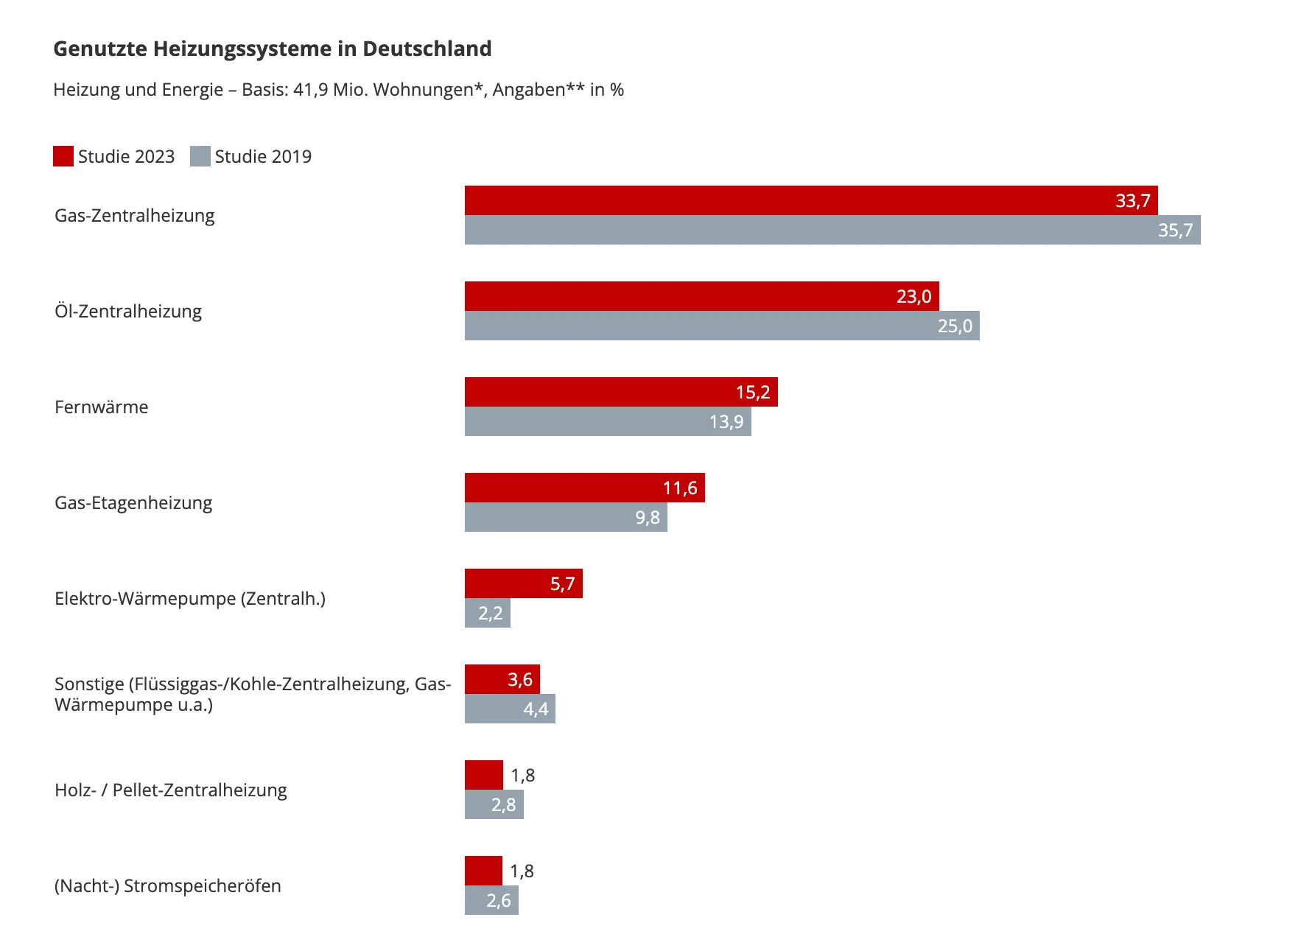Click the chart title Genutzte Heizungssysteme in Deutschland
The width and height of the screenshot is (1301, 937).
point(272,49)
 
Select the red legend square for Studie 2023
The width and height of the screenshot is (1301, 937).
point(63,156)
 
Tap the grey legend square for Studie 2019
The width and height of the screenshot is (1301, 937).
point(200,156)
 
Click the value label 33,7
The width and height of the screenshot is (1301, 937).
point(1132,201)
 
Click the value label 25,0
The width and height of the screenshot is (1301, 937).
point(955,326)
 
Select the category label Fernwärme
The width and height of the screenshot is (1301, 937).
point(102,407)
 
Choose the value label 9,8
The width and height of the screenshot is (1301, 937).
point(648,518)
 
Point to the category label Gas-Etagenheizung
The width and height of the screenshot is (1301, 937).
point(133,503)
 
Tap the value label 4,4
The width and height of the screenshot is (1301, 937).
point(536,709)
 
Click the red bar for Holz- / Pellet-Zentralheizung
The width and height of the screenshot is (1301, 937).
point(483,775)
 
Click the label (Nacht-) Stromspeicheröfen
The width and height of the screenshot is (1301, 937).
point(168,886)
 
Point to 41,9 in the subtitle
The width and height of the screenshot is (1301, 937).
point(310,90)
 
